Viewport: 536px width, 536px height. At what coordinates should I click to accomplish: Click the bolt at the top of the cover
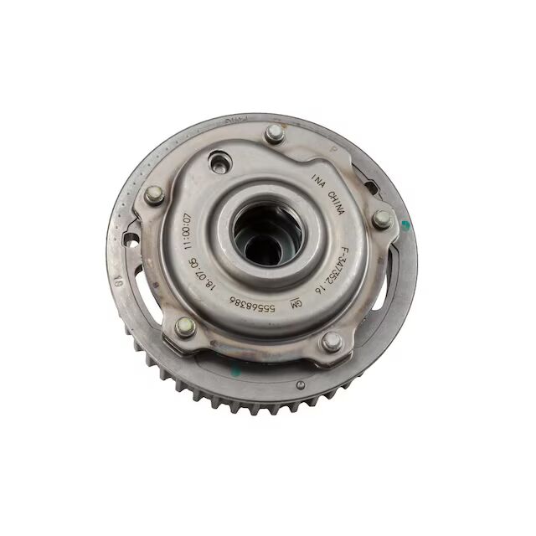[x=274, y=134]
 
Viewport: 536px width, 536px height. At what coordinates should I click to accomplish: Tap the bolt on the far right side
[x=382, y=219]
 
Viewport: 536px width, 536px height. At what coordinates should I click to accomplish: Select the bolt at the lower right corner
[x=332, y=341]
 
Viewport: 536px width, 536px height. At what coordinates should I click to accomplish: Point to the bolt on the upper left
[x=153, y=195]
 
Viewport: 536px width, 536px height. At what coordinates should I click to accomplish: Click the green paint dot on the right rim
[x=405, y=224]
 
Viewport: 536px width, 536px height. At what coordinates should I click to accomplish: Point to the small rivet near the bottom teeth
[x=300, y=384]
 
